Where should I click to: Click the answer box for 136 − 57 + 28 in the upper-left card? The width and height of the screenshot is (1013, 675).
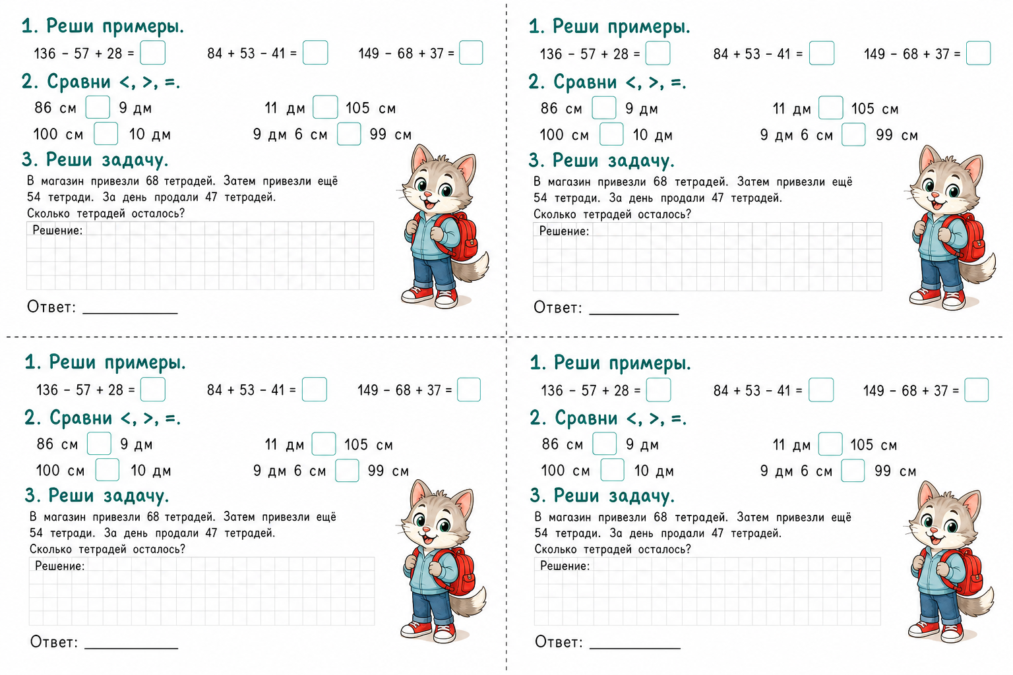pos(152,53)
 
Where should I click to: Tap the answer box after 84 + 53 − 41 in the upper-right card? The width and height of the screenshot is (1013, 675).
pos(821,53)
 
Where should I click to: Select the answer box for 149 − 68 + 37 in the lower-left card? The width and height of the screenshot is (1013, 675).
pos(468,390)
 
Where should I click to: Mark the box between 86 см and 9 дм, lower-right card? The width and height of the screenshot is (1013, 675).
pos(604,444)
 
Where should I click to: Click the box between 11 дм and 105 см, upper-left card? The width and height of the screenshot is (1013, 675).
pos(325,107)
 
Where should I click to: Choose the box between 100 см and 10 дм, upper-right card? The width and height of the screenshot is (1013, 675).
pos(611,134)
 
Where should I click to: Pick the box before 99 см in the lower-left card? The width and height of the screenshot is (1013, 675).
pos(347,470)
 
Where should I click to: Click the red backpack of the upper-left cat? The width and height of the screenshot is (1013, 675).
pos(459,237)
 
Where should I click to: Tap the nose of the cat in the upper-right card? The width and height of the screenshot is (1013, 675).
pos(935,195)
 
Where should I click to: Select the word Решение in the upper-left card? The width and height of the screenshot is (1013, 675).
pos(57,230)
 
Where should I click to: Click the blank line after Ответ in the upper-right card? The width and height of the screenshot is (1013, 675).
pos(634,314)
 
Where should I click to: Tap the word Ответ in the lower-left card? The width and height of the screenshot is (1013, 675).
pos(53,641)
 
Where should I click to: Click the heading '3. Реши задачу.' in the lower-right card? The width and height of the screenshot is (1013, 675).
pos(602,496)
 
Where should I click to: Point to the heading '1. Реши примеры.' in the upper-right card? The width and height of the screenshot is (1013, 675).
pos(609,26)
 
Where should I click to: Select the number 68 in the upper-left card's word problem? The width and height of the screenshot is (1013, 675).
pos(152,181)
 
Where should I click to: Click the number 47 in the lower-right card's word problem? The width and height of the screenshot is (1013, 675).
pos(718,533)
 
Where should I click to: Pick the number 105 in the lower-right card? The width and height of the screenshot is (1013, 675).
pos(862,444)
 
